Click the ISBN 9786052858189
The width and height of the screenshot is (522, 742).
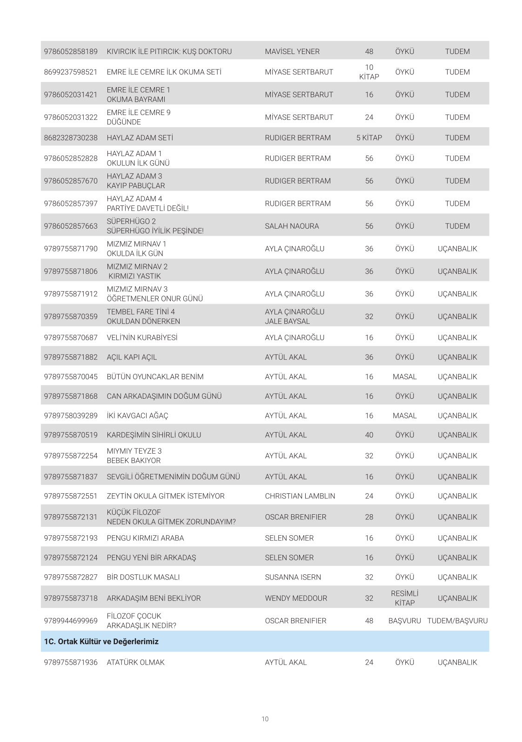click(x=71, y=51)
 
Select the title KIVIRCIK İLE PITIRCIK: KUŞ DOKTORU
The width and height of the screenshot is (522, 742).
click(x=169, y=51)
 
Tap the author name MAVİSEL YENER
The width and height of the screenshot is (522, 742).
click(x=292, y=51)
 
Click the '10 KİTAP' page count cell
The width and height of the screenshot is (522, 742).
click(x=369, y=72)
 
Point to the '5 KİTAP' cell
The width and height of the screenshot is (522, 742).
click(x=369, y=138)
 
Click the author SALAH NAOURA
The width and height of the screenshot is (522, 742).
click(x=292, y=226)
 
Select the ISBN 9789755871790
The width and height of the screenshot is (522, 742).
click(x=71, y=249)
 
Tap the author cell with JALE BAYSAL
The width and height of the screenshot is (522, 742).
click(x=294, y=316)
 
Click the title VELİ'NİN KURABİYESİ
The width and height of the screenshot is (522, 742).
click(x=142, y=338)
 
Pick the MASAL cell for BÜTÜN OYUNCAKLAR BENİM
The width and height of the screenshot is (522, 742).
click(x=404, y=377)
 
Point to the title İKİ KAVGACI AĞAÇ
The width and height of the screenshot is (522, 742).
click(x=137, y=415)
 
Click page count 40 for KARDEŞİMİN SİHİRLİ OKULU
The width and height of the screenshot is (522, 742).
click(x=369, y=435)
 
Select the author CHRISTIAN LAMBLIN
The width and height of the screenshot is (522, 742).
click(x=300, y=496)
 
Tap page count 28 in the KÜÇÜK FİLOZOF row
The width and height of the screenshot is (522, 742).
click(x=369, y=517)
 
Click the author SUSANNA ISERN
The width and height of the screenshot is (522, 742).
click(x=293, y=577)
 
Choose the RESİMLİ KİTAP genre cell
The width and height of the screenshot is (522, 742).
click(x=404, y=598)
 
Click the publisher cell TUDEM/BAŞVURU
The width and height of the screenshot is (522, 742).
click(x=457, y=621)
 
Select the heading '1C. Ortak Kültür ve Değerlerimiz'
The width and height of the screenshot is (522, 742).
click(x=101, y=641)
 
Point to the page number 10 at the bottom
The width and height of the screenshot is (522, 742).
click(x=265, y=719)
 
